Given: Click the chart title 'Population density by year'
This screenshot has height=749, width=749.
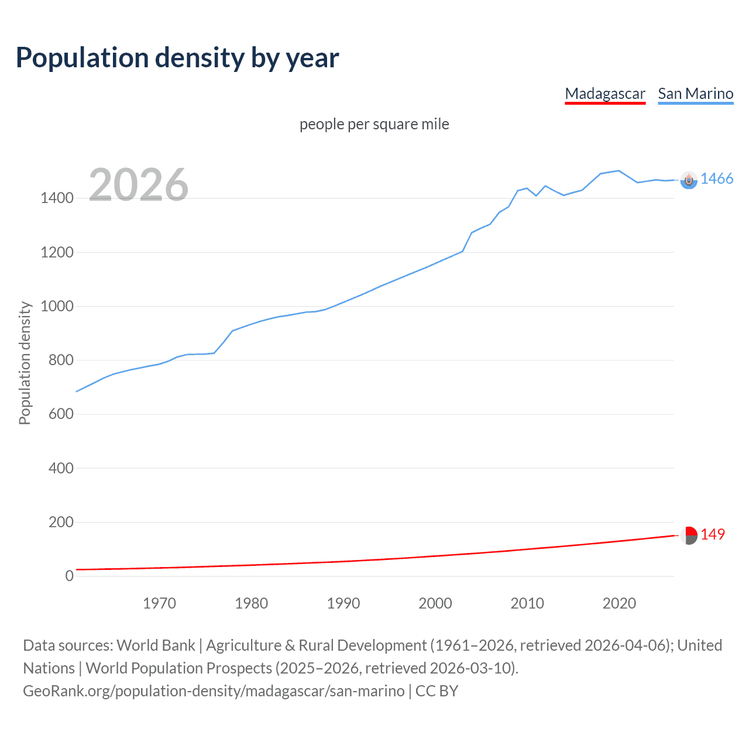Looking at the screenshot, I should (x=177, y=58).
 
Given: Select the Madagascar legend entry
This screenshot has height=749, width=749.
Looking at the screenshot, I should (x=604, y=94).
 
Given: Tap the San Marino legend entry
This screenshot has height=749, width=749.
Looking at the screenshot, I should (x=695, y=94).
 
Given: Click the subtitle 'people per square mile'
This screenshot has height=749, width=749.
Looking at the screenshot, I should (x=374, y=124).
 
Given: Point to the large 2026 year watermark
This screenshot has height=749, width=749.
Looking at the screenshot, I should (x=139, y=185).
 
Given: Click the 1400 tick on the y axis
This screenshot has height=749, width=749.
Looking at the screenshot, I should (x=57, y=198).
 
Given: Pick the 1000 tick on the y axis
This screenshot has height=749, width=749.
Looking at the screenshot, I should (x=57, y=307).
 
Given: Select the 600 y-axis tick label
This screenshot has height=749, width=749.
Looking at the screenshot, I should (x=61, y=414).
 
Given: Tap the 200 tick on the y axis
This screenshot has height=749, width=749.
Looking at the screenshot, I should (x=61, y=522).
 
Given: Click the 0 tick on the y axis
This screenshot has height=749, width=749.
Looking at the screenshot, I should (x=70, y=576).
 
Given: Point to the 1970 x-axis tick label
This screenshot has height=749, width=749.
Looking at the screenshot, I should (x=159, y=603).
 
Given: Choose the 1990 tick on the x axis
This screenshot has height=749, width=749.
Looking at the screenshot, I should (x=343, y=603).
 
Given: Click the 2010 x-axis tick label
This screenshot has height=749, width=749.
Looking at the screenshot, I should (x=527, y=603).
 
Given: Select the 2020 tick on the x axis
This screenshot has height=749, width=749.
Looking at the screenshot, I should (x=619, y=603).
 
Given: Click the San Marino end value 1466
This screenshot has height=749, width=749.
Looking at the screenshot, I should (x=716, y=179).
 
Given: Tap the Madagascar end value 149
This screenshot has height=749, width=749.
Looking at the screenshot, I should (x=712, y=535).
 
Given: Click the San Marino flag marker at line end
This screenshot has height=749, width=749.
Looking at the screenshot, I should (x=689, y=180).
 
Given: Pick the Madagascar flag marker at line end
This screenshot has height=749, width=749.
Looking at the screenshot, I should (x=689, y=535).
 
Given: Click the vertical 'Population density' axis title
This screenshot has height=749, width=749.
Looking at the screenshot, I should (x=25, y=363).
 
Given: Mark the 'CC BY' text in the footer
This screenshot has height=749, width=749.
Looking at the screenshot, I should (x=437, y=691).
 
